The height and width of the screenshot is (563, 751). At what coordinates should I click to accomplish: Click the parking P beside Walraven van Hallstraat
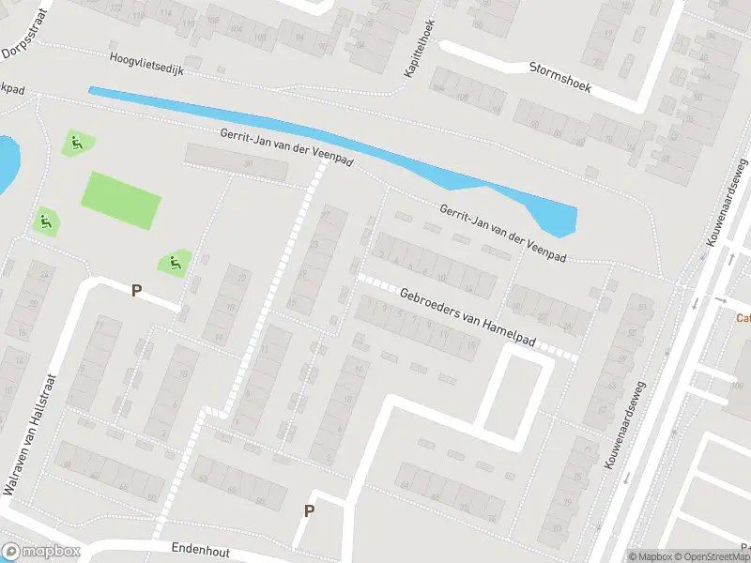pyautogui.click(x=136, y=291)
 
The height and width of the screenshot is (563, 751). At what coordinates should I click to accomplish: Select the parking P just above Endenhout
pyautogui.click(x=308, y=511)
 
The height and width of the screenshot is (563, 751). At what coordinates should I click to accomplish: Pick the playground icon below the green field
pyautogui.click(x=174, y=263)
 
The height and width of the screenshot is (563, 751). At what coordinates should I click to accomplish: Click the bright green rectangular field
pyautogui.click(x=122, y=200)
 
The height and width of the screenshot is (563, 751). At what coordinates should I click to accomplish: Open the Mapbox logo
pyautogui.click(x=40, y=552)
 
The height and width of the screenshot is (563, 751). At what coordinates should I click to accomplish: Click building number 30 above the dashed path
pyautogui.click(x=249, y=164)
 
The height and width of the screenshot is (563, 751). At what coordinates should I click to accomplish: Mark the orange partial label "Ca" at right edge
pyautogui.click(x=743, y=317)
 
